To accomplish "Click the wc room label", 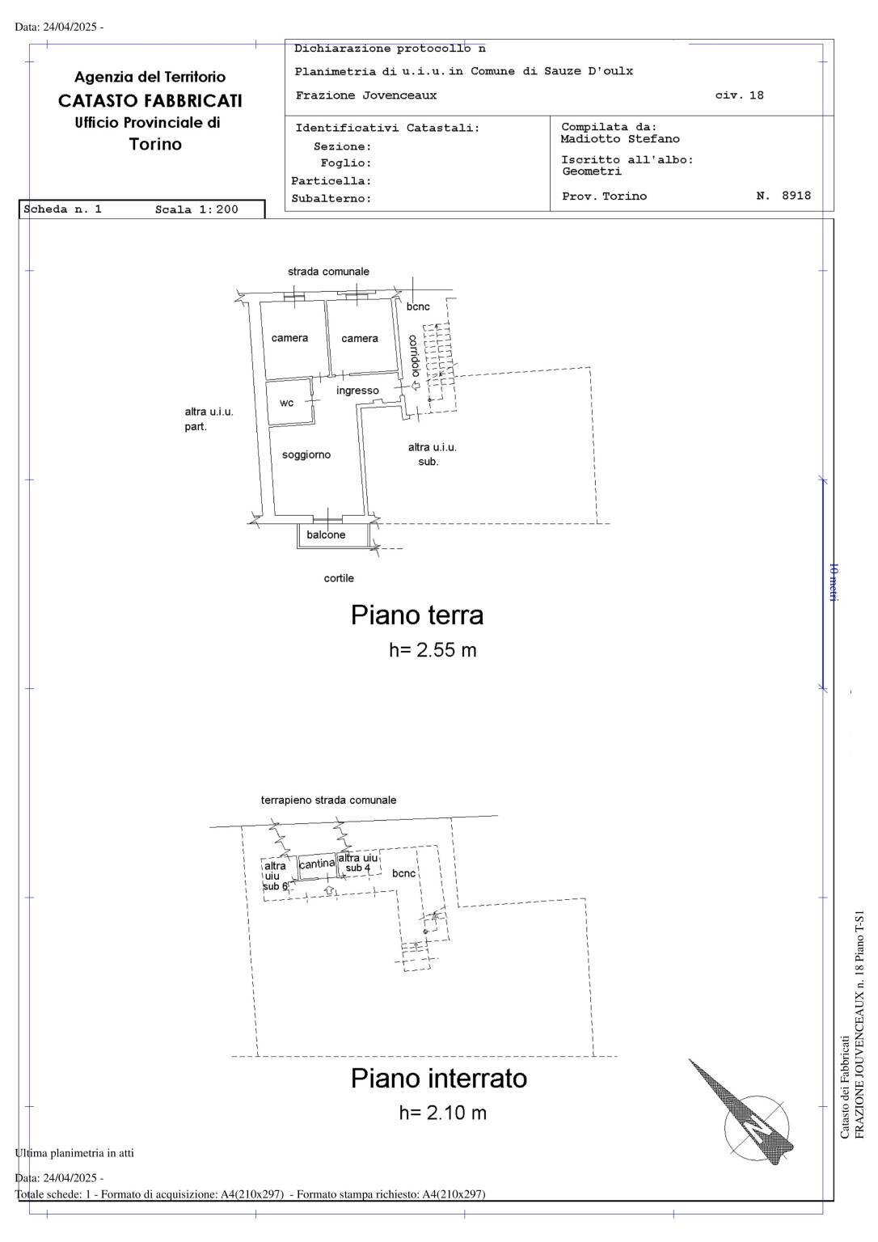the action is [286, 403].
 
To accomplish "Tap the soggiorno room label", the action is [306, 454].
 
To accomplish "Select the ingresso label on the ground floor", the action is [357, 391].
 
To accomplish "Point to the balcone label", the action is [326, 534].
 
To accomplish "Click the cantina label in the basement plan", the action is [317, 864].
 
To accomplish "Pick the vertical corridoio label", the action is [415, 356].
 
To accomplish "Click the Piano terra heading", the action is [417, 615].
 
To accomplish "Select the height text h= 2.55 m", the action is [433, 650].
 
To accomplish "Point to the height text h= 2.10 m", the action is [443, 1113].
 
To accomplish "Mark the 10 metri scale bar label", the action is [833, 582].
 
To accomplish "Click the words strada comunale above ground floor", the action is [328, 272].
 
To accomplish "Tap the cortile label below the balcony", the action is [339, 578].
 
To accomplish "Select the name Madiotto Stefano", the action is [620, 138].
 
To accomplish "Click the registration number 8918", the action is [796, 195].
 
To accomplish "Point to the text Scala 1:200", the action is [196, 209].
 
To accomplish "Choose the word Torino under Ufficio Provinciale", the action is [155, 144].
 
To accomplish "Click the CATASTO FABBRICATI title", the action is [150, 100].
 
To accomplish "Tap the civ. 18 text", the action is [740, 95].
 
